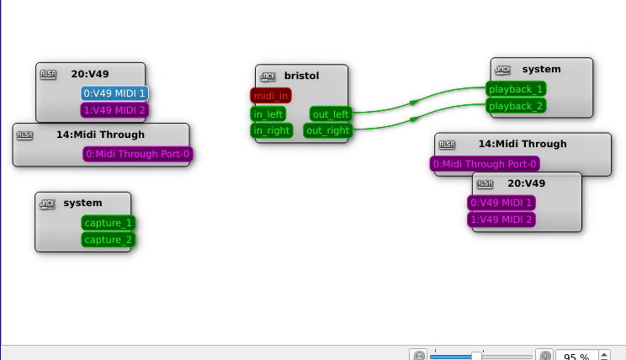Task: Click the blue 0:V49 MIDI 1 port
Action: pos(115,93)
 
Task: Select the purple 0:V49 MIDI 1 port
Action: pos(501,203)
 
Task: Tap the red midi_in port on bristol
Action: pos(270,97)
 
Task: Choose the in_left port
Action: pos(268,114)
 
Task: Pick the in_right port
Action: pos(271,130)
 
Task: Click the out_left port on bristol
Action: pos(331,114)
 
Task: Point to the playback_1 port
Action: pos(516,88)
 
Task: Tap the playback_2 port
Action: pos(516,106)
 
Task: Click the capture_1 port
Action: pos(109,223)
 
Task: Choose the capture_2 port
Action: pos(109,240)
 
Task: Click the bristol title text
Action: pos(302,76)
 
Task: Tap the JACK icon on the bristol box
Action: pos(268,76)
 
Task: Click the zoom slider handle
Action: pos(476,356)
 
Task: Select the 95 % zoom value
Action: pos(576,357)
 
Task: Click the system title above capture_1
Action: pos(82,203)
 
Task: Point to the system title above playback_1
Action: pos(541,69)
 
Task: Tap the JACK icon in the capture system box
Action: pos(48,203)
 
